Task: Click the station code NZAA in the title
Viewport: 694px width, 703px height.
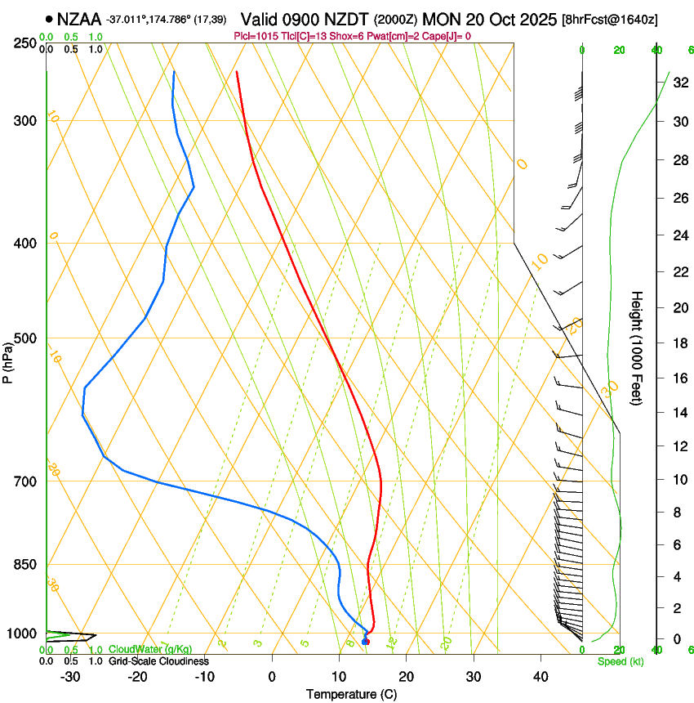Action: pyautogui.click(x=79, y=18)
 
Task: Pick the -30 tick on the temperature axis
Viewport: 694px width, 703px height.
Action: pyautogui.click(x=70, y=677)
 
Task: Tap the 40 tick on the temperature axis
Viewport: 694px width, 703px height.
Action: pyautogui.click(x=540, y=677)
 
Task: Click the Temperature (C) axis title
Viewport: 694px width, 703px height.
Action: pyautogui.click(x=351, y=694)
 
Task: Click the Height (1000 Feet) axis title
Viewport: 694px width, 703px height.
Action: pyautogui.click(x=638, y=347)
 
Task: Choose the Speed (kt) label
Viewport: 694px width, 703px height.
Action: pyautogui.click(x=620, y=661)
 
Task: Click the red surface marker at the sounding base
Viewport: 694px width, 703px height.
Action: pyautogui.click(x=365, y=641)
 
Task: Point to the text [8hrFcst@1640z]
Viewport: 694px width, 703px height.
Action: pyautogui.click(x=611, y=19)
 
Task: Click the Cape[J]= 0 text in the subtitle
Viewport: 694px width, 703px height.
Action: pyautogui.click(x=446, y=36)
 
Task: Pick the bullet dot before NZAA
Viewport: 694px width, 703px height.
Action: pyautogui.click(x=50, y=18)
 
